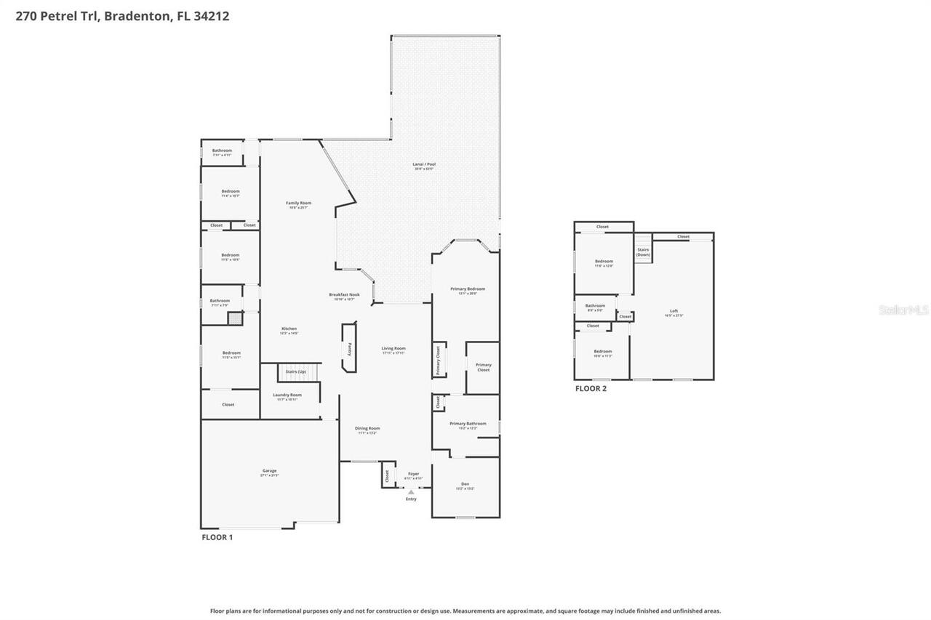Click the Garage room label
(x=270, y=471)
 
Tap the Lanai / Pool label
(x=423, y=165)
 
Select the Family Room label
(x=298, y=204)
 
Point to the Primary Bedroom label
(x=468, y=289)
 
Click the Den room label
(x=465, y=485)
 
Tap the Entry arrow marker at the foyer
(x=411, y=492)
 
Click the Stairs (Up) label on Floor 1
(x=296, y=371)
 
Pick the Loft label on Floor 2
(x=674, y=311)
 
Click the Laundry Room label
(x=287, y=395)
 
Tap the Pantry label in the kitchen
(x=350, y=349)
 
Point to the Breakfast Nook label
(x=344, y=295)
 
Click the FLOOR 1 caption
(x=217, y=537)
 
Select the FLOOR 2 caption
(x=591, y=388)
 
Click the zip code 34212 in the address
(x=212, y=16)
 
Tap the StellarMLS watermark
(x=903, y=310)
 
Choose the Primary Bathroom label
(x=468, y=424)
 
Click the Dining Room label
(x=367, y=429)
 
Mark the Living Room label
(x=393, y=349)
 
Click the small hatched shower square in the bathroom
(x=234, y=319)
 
